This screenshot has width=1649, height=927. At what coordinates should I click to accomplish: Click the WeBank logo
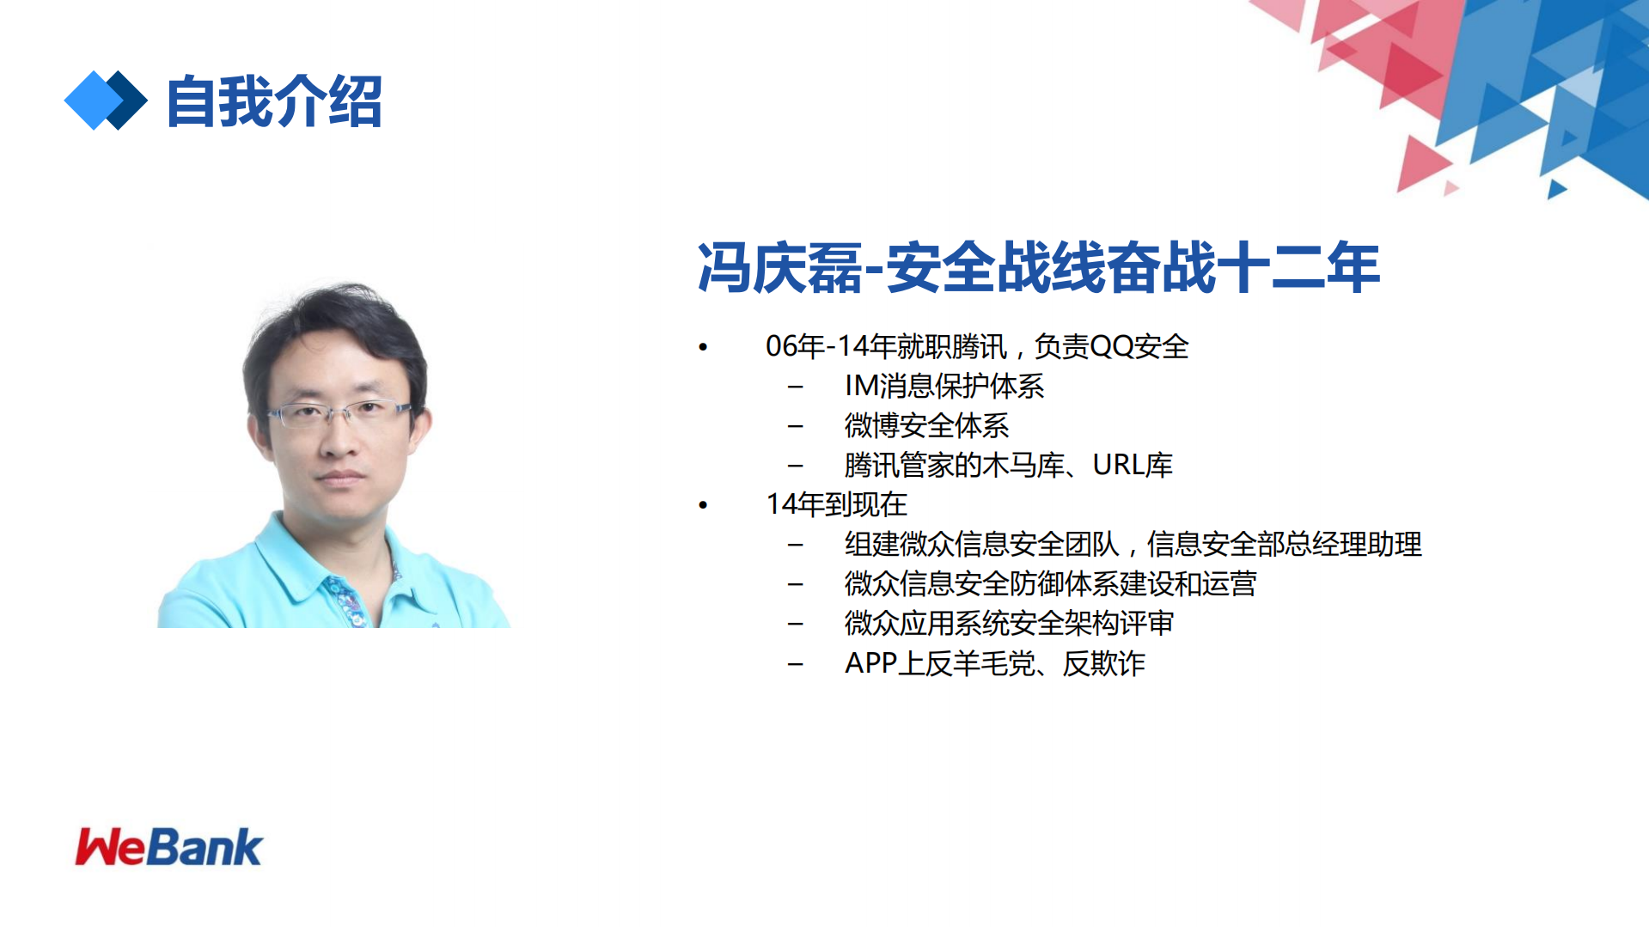click(168, 847)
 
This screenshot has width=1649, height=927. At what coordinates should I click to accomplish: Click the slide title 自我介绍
click(274, 101)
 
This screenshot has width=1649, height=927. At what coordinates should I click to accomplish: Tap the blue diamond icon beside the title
click(105, 101)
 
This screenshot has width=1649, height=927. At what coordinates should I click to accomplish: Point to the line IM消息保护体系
click(944, 386)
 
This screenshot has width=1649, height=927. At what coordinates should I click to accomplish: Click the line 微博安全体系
click(926, 425)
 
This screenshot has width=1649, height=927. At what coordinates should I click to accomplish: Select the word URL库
click(1132, 465)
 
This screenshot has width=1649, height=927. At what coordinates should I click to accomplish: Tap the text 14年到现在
click(836, 504)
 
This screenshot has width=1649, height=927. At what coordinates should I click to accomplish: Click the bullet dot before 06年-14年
click(703, 347)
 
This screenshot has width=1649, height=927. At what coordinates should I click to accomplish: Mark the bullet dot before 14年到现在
click(703, 505)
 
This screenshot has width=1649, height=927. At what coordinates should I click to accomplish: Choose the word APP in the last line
click(870, 663)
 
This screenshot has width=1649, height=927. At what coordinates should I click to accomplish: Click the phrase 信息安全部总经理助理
click(1284, 544)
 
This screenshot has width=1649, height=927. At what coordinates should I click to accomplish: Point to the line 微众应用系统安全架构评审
click(1008, 623)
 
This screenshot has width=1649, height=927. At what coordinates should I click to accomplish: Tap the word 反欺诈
click(1103, 663)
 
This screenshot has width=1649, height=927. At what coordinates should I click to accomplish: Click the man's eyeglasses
click(339, 414)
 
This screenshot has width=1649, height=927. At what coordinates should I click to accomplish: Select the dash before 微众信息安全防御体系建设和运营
click(796, 584)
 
